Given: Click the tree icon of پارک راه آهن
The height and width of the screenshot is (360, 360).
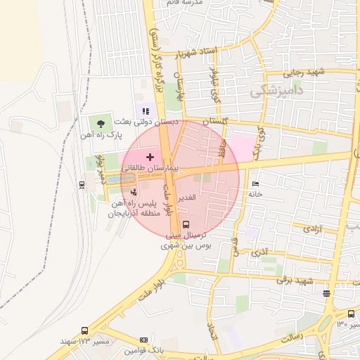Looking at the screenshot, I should click(102, 123).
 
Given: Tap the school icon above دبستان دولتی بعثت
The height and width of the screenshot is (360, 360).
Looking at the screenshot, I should click(146, 110).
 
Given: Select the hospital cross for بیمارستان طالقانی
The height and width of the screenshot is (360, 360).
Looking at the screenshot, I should click(150, 156).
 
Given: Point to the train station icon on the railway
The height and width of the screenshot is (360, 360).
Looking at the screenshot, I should click(83, 185).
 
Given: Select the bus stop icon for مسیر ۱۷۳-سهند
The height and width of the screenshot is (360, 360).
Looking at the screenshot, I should click(85, 330).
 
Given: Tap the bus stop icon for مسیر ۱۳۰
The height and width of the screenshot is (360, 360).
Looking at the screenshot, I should click(351, 314).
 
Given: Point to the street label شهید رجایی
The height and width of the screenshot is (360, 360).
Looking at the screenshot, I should click(304, 72).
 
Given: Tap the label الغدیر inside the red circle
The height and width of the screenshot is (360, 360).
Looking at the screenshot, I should click(192, 198).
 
